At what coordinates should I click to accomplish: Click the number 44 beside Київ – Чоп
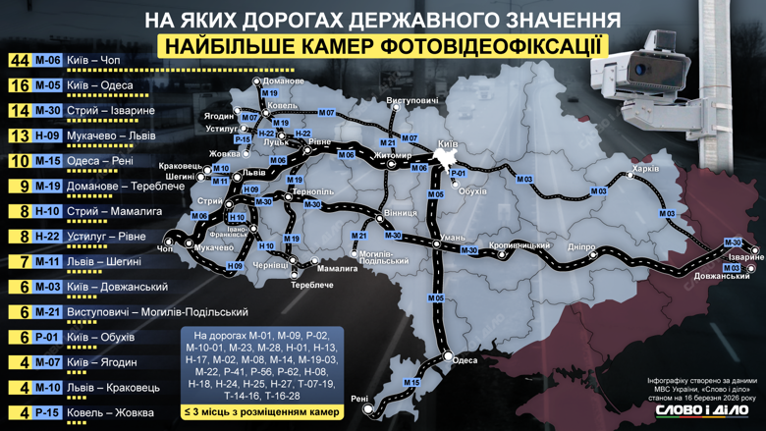coord(19,60)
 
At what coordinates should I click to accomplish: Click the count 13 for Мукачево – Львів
coord(19,135)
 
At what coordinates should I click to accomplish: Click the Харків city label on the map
coord(644,169)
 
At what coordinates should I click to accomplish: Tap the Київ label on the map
coord(447,143)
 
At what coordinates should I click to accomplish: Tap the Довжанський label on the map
coord(726,277)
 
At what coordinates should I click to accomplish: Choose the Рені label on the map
coord(359,400)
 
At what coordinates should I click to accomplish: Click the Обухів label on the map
coord(472,189)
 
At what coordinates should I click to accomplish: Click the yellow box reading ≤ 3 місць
coord(259,411)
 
